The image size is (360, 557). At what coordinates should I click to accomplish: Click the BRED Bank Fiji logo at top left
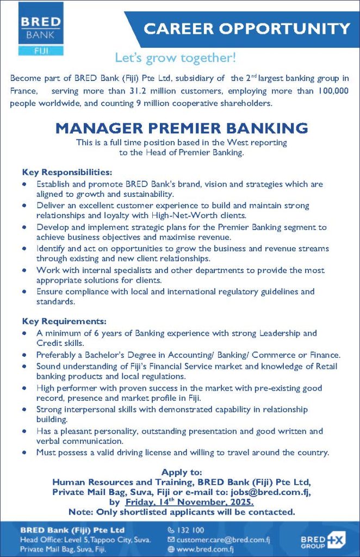pyautogui.click(x=41, y=28)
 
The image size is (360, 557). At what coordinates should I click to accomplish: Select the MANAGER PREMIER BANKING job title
pyautogui.click(x=181, y=128)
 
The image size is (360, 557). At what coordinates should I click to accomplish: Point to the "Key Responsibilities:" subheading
pyautogui.click(x=67, y=172)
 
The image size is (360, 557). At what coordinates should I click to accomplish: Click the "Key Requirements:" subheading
pyautogui.click(x=64, y=321)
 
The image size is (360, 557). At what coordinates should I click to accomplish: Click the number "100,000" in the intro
pyautogui.click(x=333, y=91)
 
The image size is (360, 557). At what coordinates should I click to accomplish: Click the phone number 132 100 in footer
pyautogui.click(x=190, y=530)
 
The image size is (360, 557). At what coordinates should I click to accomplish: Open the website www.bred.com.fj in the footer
pyautogui.click(x=204, y=549)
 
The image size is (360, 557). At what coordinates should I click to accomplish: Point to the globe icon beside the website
pyautogui.click(x=171, y=549)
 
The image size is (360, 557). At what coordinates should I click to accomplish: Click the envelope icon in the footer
pyautogui.click(x=171, y=540)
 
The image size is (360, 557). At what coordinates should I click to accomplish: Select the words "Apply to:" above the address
pyautogui.click(x=182, y=472)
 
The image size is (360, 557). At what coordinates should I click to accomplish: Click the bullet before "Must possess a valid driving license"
pyautogui.click(x=24, y=452)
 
